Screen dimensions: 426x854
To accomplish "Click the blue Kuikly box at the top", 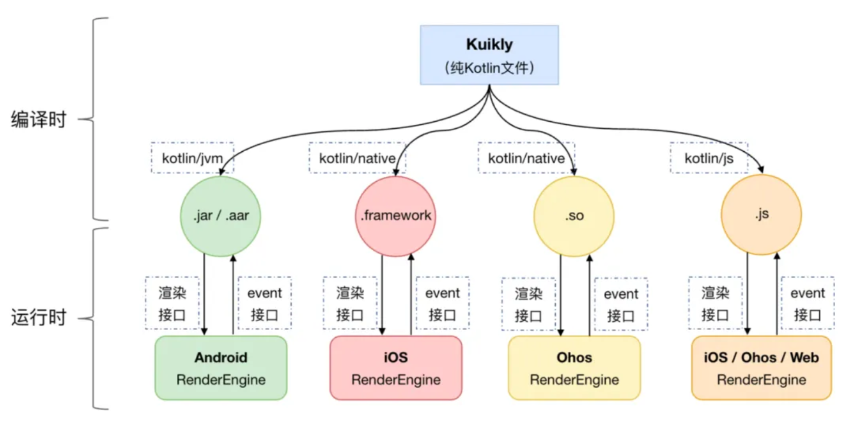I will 489,55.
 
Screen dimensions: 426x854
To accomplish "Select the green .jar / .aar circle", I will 221,215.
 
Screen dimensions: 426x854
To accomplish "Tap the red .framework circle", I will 396,215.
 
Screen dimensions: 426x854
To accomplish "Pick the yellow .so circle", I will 573,215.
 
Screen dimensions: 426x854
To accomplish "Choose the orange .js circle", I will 761,215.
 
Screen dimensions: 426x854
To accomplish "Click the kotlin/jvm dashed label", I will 192,158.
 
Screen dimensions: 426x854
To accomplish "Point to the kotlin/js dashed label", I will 709,158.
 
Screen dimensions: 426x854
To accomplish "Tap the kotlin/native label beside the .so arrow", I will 526,158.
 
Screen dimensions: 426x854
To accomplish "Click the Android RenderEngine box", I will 221,368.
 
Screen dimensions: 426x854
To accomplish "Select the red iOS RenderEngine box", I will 396,368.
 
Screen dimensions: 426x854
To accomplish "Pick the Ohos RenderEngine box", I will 574,368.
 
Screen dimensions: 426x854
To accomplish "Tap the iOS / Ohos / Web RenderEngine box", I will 761,368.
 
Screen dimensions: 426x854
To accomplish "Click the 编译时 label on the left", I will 39,120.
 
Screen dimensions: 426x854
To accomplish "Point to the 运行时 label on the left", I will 39,319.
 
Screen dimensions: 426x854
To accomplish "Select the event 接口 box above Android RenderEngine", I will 265,303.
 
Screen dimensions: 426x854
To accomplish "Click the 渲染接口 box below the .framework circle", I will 351,303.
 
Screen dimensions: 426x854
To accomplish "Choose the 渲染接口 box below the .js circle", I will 715,303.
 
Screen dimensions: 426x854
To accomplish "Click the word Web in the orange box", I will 804,357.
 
